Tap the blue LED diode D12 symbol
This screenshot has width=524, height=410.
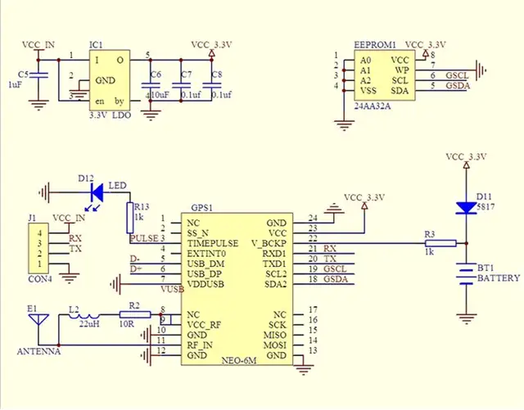coord(96,193)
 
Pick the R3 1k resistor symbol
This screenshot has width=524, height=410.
coord(440,242)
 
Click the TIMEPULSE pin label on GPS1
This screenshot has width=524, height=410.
coord(212,244)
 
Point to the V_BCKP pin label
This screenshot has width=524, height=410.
coord(267,244)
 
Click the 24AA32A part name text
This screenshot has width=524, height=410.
coord(373,106)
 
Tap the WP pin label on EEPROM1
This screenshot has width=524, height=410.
coord(401,70)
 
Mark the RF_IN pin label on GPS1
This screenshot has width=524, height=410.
coord(200,345)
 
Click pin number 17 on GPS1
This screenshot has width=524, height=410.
coord(313,310)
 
